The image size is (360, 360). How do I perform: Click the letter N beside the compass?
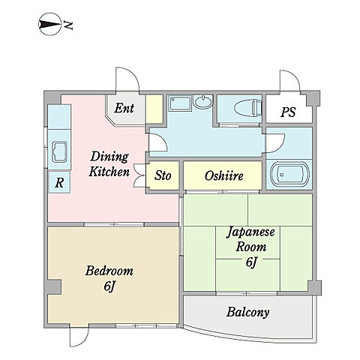67,25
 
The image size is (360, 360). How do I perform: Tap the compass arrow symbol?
49,24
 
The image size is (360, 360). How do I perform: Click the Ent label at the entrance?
124,108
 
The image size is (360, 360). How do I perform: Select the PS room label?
288,112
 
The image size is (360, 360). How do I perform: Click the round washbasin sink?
203,102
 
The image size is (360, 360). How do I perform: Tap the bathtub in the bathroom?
289,174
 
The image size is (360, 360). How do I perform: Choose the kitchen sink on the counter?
59,151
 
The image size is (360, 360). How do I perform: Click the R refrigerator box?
59,182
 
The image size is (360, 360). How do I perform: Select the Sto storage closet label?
163,175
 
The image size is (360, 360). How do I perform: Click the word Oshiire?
223,175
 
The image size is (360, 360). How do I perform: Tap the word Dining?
109,157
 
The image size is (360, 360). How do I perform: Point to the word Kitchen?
109,172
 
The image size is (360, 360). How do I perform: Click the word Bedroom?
109,271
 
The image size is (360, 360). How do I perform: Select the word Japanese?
250,232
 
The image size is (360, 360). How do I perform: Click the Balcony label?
247,312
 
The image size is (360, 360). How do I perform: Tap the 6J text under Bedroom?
109,286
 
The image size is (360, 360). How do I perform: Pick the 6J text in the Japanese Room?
251,262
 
